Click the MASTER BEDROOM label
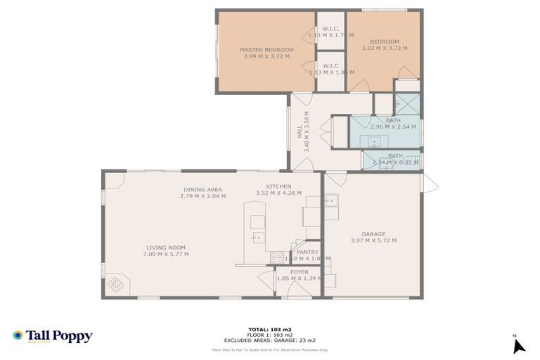tap(266, 50)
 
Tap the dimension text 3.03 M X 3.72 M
tap(385, 49)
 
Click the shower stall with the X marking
tap(406, 104)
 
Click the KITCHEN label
tap(278, 186)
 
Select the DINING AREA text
tap(203, 189)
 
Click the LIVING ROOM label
tap(166, 247)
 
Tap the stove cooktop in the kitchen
tap(277, 256)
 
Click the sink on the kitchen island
tap(257, 238)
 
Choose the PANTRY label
tap(307, 252)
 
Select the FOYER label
tap(298, 272)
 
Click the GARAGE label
tap(373, 234)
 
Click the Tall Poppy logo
tap(53, 336)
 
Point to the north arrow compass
tap(518, 345)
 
